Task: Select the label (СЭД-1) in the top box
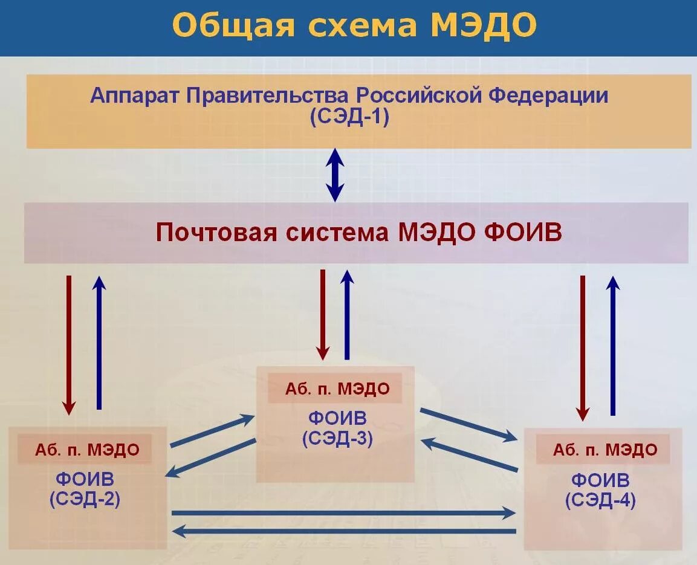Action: tap(349, 116)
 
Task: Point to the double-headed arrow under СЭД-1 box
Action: tap(335, 175)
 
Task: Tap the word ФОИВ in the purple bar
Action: tap(524, 233)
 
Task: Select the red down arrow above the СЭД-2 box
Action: tap(69, 344)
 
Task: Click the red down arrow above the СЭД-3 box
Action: tap(323, 314)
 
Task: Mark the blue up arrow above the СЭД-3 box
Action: tap(346, 314)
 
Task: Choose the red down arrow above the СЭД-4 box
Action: tap(582, 347)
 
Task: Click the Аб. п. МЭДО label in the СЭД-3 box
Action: tap(337, 389)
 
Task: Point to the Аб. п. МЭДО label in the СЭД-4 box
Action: tap(605, 450)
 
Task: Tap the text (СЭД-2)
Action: tap(85, 499)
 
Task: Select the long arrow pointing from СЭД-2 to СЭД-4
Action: tap(343, 513)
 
